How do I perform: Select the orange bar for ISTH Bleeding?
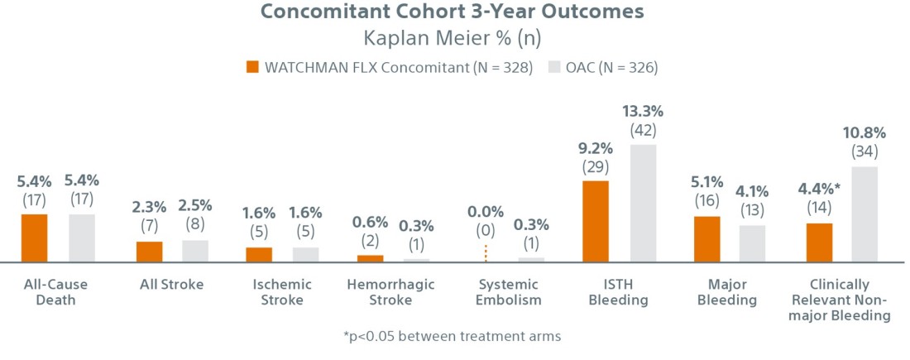(x=595, y=221)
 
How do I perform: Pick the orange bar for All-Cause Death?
(x=34, y=238)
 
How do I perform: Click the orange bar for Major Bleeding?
(x=706, y=239)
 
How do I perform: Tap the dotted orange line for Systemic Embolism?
(x=486, y=253)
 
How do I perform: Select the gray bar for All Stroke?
(x=195, y=251)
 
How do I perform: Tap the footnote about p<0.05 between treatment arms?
(x=454, y=336)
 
